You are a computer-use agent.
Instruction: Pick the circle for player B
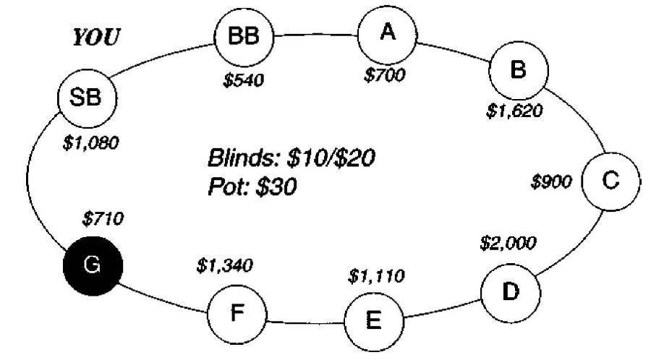click(x=519, y=70)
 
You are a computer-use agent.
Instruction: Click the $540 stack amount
click(x=244, y=78)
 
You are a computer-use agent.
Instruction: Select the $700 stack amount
click(x=385, y=75)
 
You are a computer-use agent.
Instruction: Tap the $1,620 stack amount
click(x=514, y=111)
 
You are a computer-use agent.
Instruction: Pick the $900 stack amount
click(x=553, y=182)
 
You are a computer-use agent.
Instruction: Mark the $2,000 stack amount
click(x=508, y=243)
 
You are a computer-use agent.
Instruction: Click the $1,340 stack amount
click(x=224, y=266)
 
